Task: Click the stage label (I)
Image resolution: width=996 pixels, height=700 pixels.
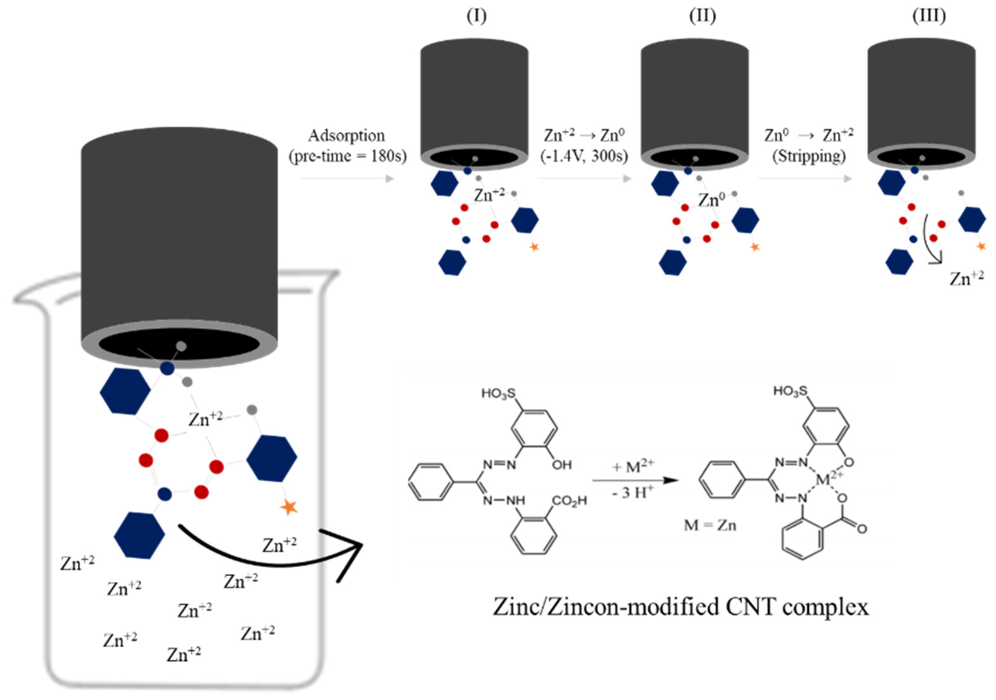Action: click(x=476, y=16)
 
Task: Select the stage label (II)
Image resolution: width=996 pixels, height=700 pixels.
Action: click(x=702, y=16)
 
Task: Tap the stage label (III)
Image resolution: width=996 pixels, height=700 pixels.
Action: click(x=929, y=16)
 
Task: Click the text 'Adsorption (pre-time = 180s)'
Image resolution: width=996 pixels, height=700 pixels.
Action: click(x=347, y=146)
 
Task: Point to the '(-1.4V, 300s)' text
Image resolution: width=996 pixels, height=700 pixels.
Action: click(x=584, y=155)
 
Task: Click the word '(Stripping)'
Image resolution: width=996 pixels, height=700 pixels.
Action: click(x=809, y=155)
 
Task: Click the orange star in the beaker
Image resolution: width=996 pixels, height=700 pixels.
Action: click(x=289, y=507)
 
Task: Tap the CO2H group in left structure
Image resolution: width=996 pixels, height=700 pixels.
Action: click(x=569, y=501)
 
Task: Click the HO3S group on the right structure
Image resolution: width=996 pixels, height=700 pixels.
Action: click(x=790, y=391)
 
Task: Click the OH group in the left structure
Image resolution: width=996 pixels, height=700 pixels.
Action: click(x=562, y=465)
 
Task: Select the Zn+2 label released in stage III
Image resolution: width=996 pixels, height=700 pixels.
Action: click(x=966, y=278)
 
